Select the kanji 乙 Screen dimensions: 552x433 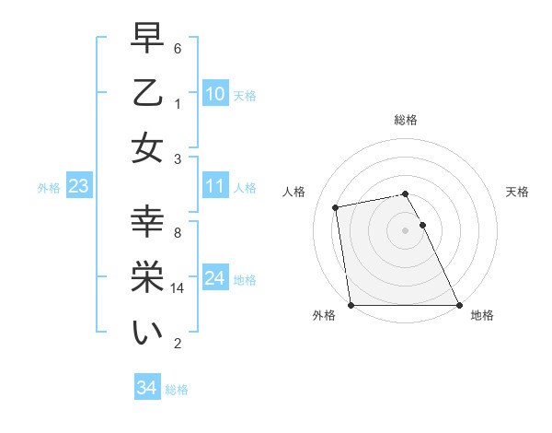[147, 94]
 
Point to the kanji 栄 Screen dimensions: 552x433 [147, 278]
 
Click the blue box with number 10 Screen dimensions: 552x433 [214, 94]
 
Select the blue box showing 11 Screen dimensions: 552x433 [214, 186]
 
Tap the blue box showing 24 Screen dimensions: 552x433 [214, 278]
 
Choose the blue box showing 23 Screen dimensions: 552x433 [78, 187]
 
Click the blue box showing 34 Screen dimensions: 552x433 [146, 388]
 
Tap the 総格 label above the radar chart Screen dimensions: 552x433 [405, 120]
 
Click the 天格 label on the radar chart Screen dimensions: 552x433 [518, 192]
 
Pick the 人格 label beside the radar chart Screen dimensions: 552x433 [294, 192]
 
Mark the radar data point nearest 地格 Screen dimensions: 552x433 [459, 305]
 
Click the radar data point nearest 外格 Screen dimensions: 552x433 [351, 305]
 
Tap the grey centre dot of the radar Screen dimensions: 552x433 [405, 230]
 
